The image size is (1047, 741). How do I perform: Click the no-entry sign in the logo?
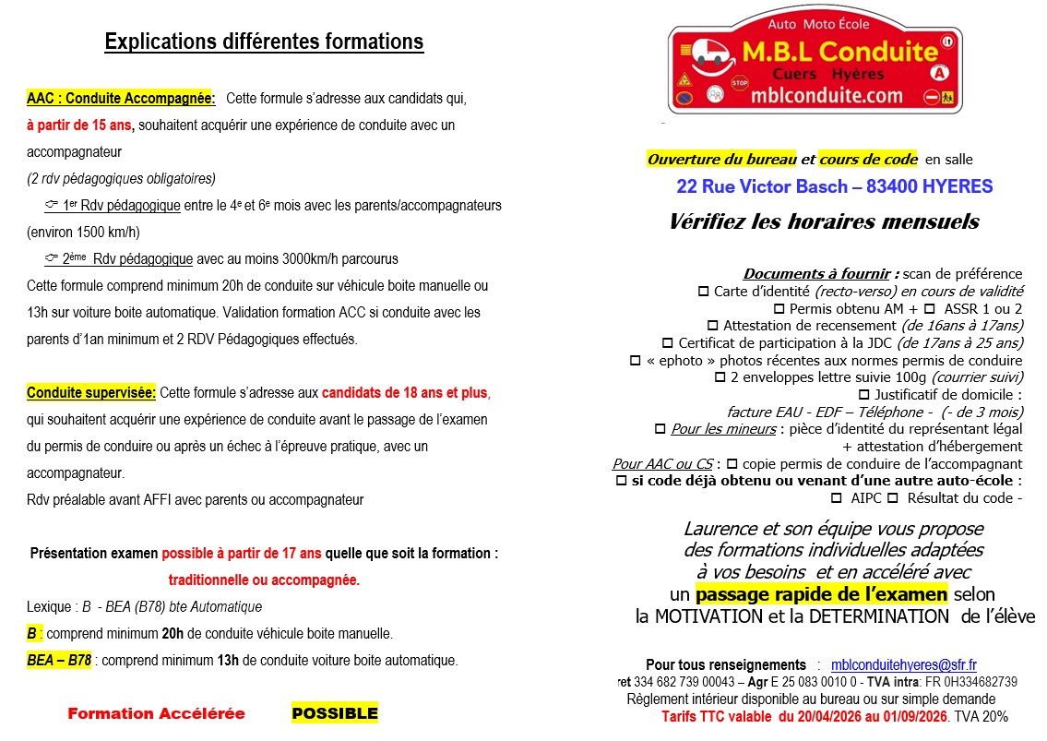933,96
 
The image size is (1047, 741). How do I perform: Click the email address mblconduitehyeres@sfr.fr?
903,664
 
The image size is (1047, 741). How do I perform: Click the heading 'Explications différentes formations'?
264,42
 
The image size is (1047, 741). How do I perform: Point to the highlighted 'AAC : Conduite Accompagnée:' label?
121,98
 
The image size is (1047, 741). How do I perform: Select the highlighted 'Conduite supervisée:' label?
91,393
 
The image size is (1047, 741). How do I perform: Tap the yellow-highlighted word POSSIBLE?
335,713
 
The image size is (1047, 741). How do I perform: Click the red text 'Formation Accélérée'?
157,713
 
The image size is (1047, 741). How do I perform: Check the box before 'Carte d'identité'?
704,292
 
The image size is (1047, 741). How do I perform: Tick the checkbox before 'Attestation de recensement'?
712,326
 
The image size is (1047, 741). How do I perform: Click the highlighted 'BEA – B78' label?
59,660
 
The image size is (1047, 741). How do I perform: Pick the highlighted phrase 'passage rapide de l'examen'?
821,593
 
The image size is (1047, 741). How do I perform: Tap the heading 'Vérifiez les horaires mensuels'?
824,222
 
